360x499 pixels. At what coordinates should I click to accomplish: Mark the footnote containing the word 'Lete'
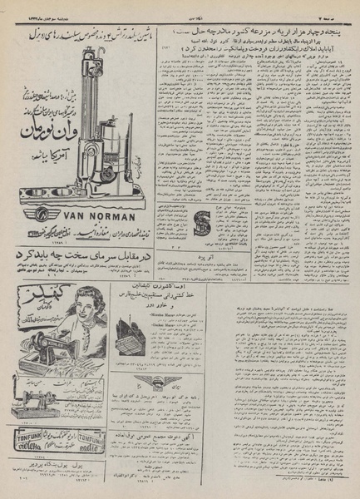(x=337, y=490)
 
